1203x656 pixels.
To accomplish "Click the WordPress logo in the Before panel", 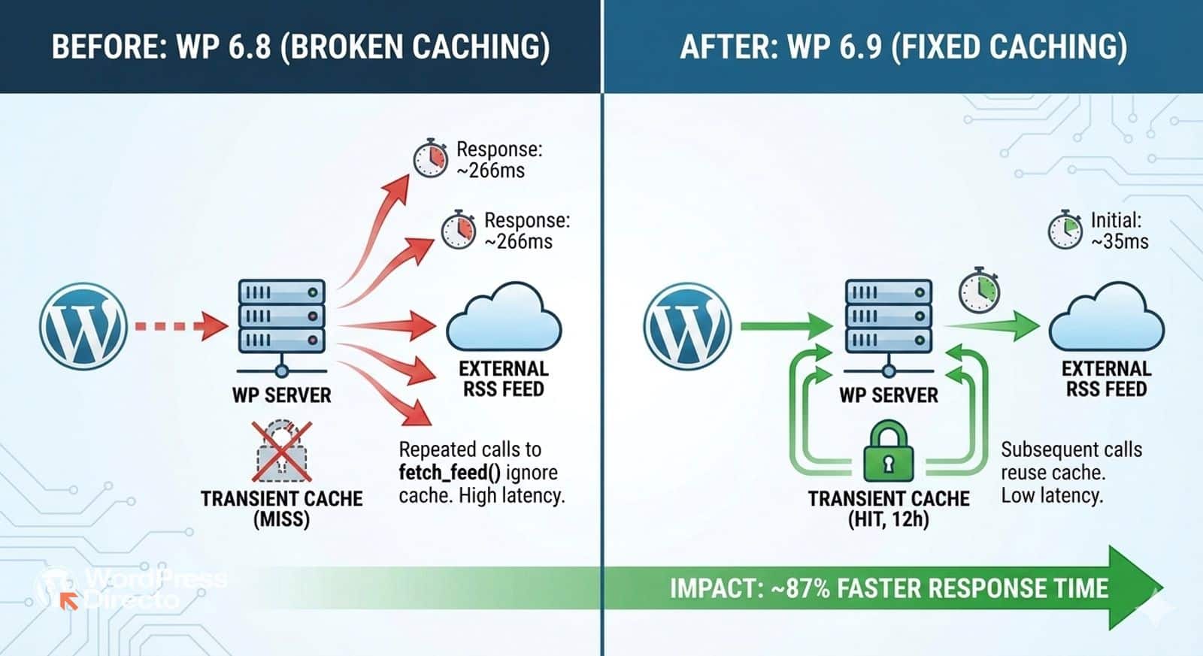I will click(x=83, y=326).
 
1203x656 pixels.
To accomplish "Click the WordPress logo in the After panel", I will click(x=687, y=326).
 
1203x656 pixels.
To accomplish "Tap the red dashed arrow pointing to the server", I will click(x=180, y=326).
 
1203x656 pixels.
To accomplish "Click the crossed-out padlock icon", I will click(x=282, y=451).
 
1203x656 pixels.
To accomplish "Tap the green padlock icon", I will click(x=888, y=451).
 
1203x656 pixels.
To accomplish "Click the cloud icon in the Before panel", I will click(x=503, y=319).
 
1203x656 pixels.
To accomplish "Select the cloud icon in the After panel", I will click(x=1106, y=319).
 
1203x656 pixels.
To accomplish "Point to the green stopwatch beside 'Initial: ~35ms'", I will click(x=1065, y=229).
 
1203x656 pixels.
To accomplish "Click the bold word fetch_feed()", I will click(x=449, y=473).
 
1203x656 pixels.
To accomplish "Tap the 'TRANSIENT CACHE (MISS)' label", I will click(x=281, y=509).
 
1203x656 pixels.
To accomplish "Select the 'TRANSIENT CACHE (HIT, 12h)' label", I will click(x=888, y=509).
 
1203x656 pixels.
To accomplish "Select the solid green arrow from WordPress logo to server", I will click(x=786, y=326).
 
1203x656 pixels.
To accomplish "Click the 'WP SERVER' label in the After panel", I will click(x=888, y=395).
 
